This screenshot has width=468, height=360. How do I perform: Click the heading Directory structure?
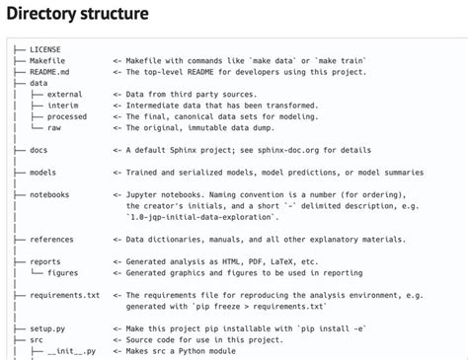click(x=78, y=15)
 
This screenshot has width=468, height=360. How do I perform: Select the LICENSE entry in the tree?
click(x=45, y=49)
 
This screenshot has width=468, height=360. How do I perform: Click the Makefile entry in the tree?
click(x=47, y=61)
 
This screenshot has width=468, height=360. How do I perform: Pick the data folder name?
click(x=39, y=84)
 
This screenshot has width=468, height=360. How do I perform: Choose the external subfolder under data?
click(x=65, y=95)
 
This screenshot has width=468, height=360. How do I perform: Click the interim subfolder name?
click(x=62, y=106)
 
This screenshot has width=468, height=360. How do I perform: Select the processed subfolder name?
click(x=67, y=116)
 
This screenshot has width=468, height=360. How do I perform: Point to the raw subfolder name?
click(x=54, y=127)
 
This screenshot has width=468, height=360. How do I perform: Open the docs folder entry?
click(x=39, y=150)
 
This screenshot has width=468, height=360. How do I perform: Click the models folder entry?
click(x=42, y=173)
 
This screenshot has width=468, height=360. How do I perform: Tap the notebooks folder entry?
click(x=49, y=195)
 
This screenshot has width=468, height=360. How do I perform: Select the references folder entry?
click(x=51, y=240)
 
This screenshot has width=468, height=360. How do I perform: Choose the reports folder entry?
click(x=45, y=262)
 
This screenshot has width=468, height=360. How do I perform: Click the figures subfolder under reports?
click(x=62, y=273)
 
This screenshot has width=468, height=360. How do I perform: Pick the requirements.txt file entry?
click(x=64, y=295)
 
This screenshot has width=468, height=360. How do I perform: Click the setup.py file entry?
click(x=47, y=328)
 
